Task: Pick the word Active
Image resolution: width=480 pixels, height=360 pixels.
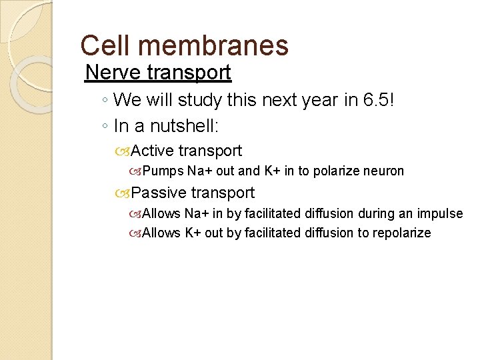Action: click(154, 151)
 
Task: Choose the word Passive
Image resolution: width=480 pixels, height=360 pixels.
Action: click(160, 193)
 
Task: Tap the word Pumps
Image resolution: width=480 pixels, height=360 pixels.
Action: click(163, 171)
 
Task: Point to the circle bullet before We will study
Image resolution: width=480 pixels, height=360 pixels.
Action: click(105, 101)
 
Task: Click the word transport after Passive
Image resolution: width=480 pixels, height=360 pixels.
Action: click(223, 193)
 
